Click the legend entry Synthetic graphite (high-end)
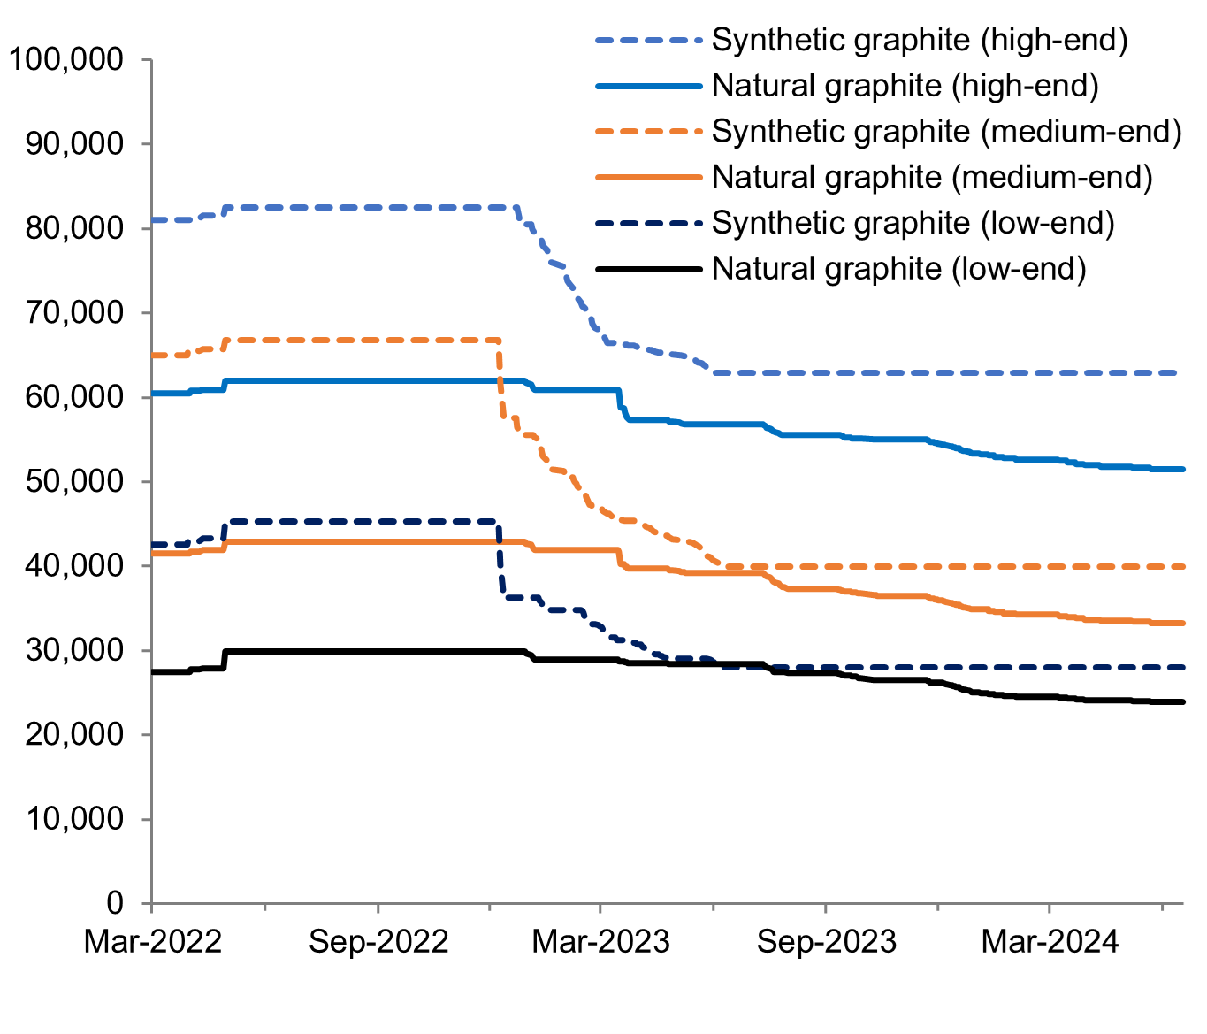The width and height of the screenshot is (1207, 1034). tap(920, 41)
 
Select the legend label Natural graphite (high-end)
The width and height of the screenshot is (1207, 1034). tap(905, 86)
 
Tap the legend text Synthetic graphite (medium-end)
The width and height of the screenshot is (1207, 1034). tap(946, 132)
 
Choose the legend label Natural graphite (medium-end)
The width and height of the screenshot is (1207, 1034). tap(932, 177)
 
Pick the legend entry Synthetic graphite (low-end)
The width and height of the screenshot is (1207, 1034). tap(913, 223)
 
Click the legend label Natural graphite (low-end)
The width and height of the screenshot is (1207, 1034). tap(898, 268)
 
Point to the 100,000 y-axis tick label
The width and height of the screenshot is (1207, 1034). tap(65, 60)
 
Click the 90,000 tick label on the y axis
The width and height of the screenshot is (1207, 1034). tap(74, 144)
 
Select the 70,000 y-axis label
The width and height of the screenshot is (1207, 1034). tap(74, 313)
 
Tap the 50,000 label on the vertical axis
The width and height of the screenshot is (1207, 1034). tap(74, 482)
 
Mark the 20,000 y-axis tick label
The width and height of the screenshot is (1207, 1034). tap(74, 735)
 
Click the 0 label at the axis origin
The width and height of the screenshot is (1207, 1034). tap(115, 903)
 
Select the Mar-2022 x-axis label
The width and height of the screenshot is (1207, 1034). tap(152, 942)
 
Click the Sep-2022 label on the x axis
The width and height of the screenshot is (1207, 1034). tap(378, 942)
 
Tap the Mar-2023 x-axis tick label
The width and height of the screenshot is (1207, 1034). tap(600, 942)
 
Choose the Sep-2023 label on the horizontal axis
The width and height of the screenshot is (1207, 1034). tap(826, 942)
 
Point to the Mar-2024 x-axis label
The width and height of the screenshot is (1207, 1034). tap(1050, 942)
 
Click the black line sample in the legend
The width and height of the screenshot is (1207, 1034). tap(649, 268)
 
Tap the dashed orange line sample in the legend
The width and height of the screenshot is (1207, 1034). tap(649, 132)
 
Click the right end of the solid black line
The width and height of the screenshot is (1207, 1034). tap(1181, 701)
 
